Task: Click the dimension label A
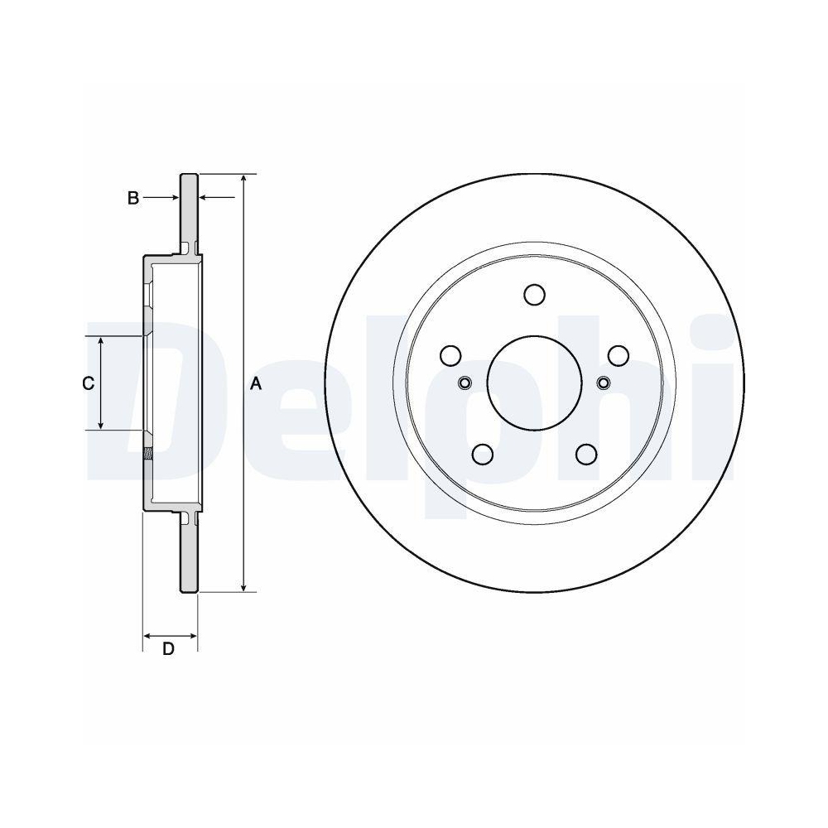(x=256, y=383)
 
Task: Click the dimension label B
(x=132, y=198)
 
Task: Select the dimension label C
(x=87, y=383)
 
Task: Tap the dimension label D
(x=168, y=648)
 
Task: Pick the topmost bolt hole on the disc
(x=534, y=294)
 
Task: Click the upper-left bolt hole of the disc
(x=450, y=355)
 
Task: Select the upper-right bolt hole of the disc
(x=618, y=355)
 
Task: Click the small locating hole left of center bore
(x=465, y=383)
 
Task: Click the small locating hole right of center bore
(x=603, y=383)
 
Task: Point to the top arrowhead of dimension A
(x=243, y=180)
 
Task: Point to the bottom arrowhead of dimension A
(x=243, y=587)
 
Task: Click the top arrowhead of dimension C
(x=101, y=341)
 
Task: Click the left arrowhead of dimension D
(x=148, y=636)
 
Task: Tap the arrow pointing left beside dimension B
(x=206, y=198)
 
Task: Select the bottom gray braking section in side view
(x=190, y=555)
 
